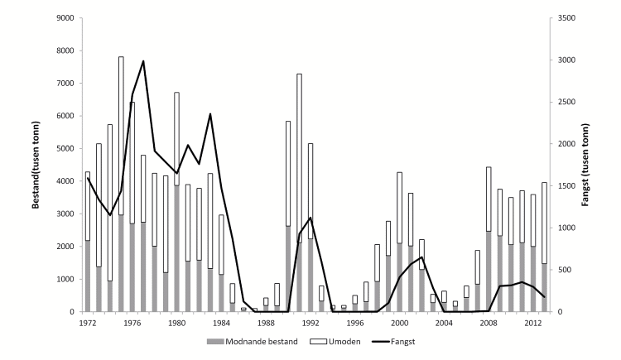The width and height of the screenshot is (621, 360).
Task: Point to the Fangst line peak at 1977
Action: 143,60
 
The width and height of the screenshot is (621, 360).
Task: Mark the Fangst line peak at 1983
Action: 210,114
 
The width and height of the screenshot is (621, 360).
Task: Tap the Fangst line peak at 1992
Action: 310,218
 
